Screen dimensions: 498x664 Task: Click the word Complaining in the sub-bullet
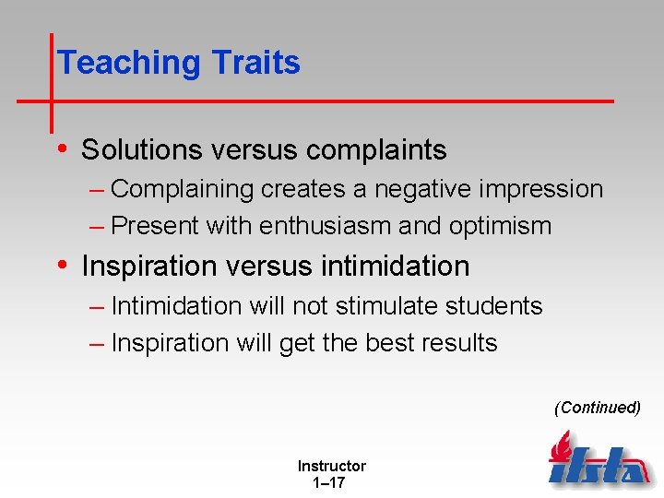[182, 189]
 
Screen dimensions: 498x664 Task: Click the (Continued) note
[597, 408]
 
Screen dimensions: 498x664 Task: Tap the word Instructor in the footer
[331, 467]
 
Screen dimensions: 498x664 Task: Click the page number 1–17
[329, 482]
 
